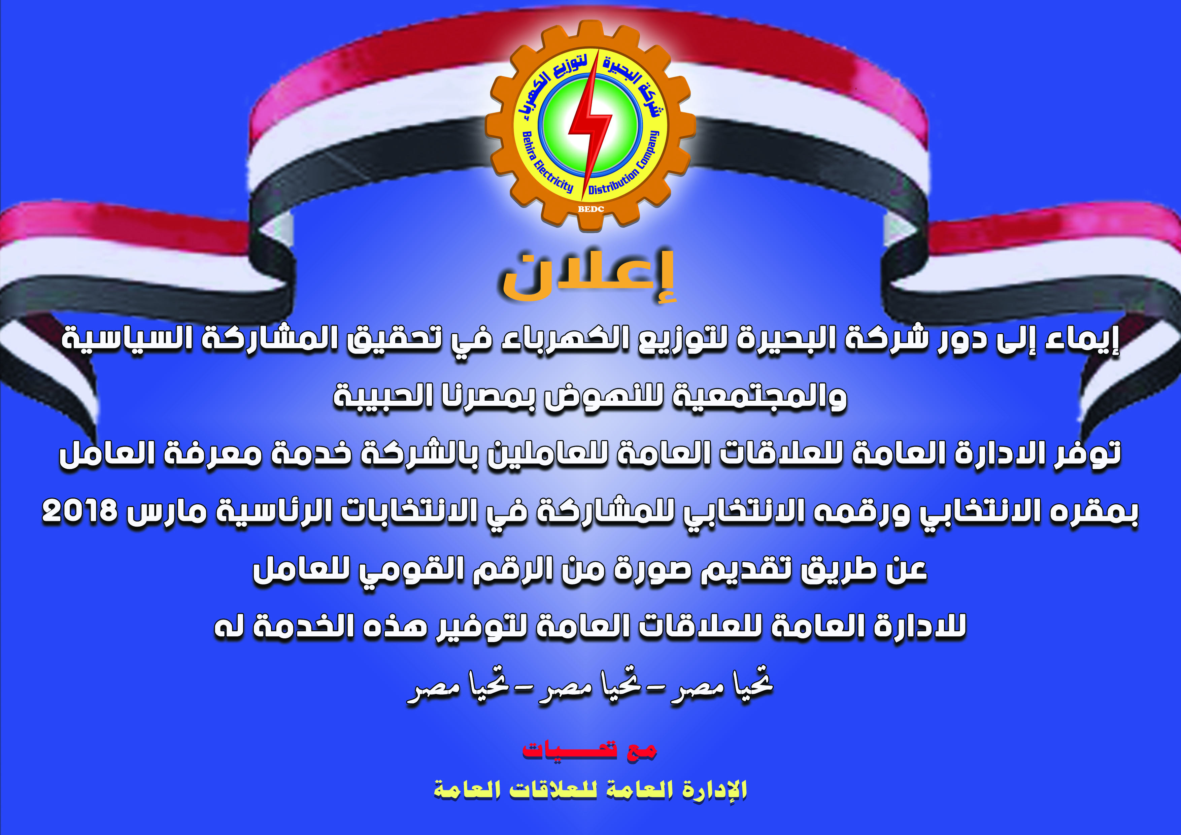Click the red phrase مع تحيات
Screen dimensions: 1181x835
point(590,750)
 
